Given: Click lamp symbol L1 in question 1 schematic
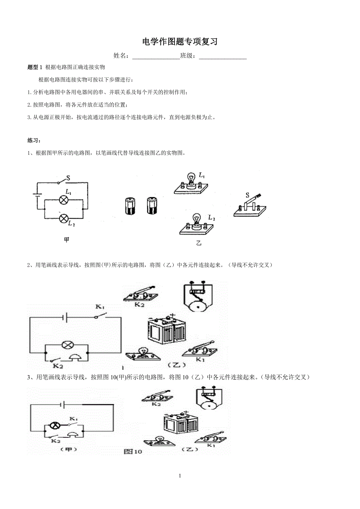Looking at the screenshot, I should (64, 199).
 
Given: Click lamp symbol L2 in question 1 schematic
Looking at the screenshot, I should (64, 218).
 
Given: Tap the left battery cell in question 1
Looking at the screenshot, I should (129, 206).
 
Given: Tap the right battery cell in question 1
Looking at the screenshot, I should (151, 205).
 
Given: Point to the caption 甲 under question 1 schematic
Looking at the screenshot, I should (67, 240).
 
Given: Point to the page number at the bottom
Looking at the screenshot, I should (180, 476).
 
